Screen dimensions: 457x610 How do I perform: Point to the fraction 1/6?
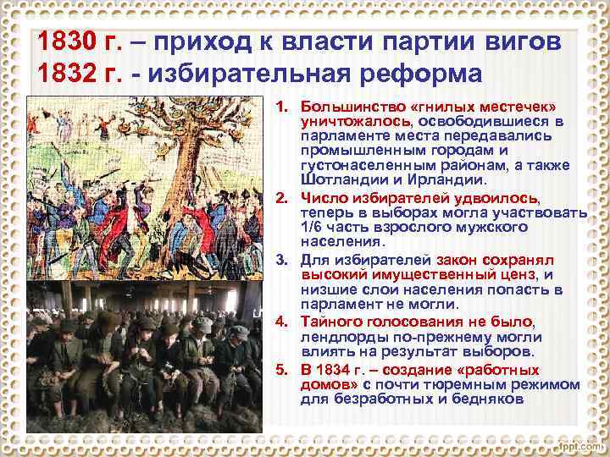[315, 228]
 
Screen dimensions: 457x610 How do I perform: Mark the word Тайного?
[335, 322]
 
